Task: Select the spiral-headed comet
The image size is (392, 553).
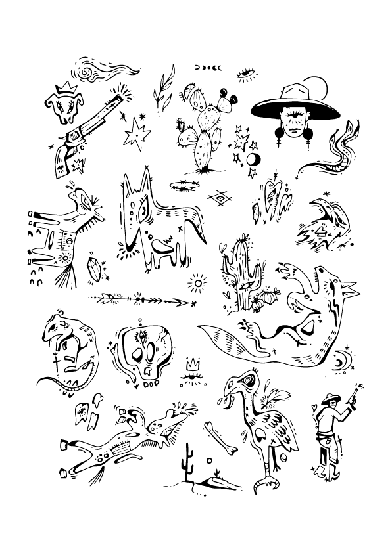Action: (x=86, y=68)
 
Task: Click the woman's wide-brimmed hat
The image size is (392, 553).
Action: (x=298, y=104)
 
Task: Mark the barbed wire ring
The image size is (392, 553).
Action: (x=184, y=185)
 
